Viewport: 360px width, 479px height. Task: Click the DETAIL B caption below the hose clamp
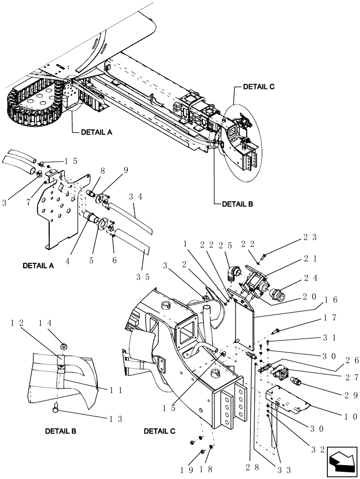[x=60, y=431]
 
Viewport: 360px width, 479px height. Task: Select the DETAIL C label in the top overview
[x=259, y=87]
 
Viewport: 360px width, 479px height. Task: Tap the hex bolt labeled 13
[x=56, y=409]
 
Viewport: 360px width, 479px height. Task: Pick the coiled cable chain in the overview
[x=34, y=108]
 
